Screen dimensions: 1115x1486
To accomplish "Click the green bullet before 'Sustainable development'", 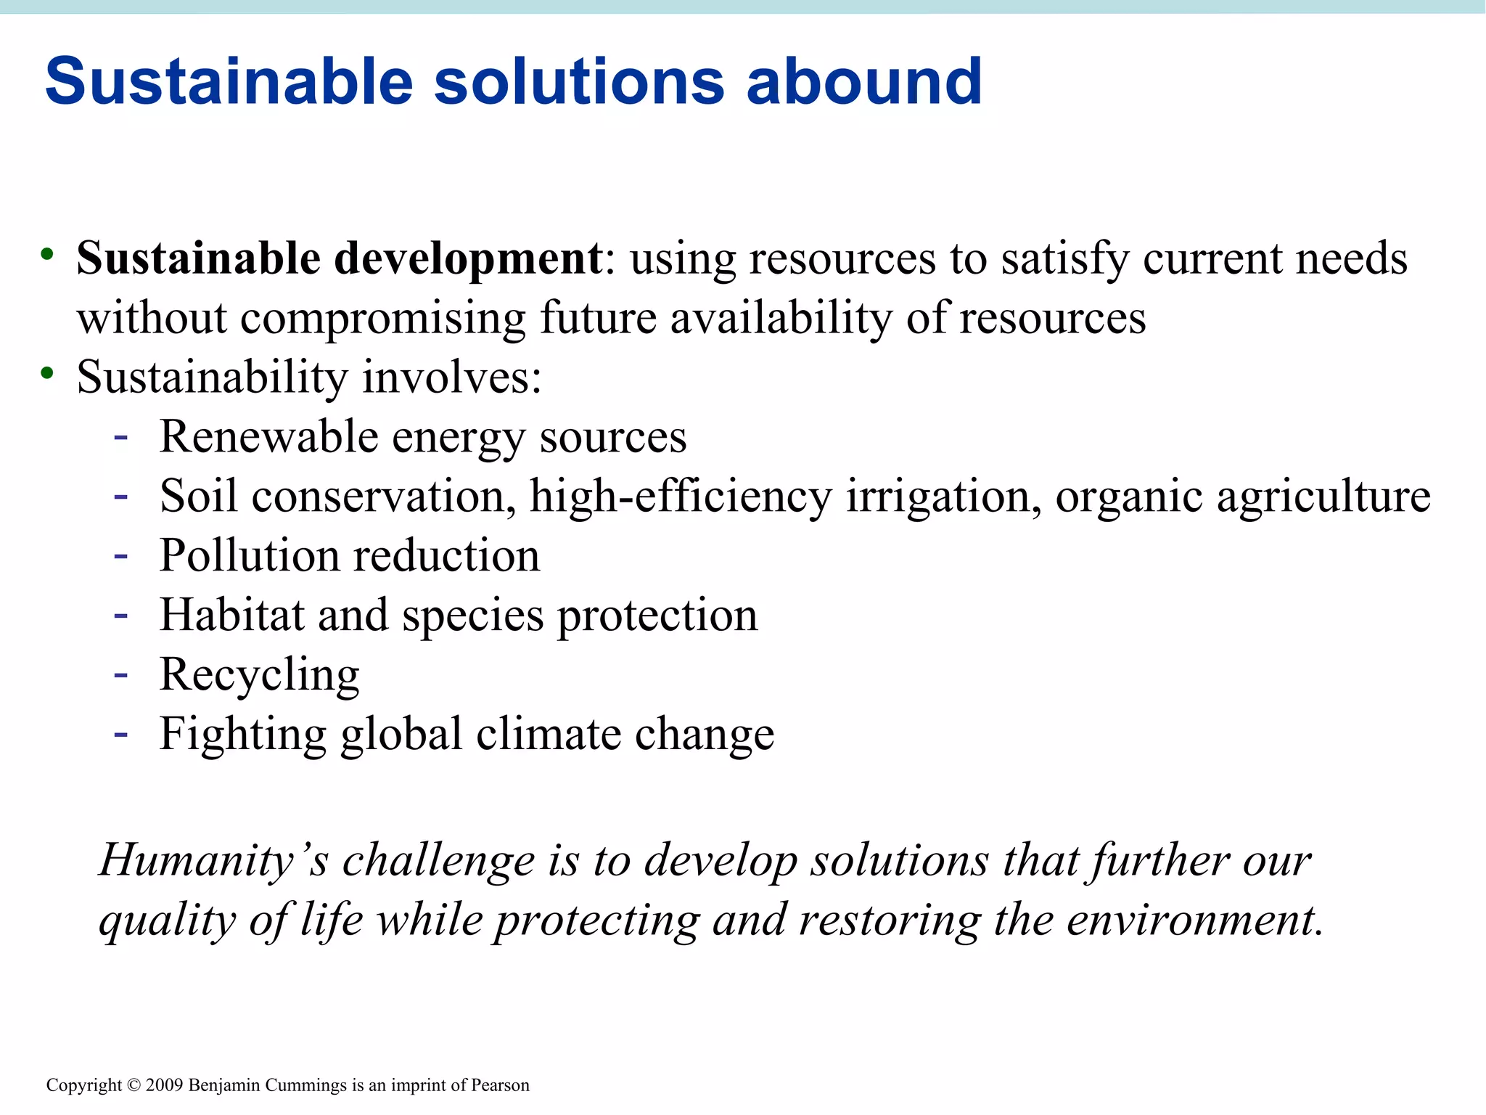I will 48,254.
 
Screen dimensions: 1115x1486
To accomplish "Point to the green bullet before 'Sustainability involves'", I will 48,373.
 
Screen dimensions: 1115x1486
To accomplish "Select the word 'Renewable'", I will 268,437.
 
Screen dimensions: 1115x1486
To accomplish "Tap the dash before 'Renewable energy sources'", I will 121,437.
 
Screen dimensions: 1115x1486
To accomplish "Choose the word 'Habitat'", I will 231,616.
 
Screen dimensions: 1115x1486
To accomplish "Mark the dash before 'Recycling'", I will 121,675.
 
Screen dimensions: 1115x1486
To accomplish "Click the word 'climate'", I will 548,734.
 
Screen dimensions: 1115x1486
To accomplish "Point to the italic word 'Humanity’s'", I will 213,862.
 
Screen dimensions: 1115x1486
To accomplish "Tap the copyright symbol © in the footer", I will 134,1085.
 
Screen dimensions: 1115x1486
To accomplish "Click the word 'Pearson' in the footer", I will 500,1085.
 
